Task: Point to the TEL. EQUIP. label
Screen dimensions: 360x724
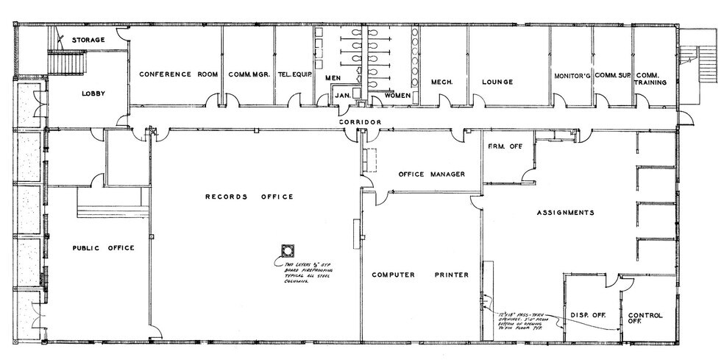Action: [x=294, y=74]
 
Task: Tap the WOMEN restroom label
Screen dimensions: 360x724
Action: [x=397, y=96]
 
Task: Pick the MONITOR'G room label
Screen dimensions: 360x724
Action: [x=572, y=75]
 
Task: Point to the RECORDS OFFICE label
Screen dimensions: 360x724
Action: [x=249, y=197]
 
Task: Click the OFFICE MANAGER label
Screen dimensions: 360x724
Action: [x=431, y=174]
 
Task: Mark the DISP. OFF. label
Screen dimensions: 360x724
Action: [x=588, y=315]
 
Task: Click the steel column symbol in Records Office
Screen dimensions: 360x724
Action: [x=286, y=250]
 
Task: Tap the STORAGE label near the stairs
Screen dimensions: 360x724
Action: [x=88, y=39]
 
